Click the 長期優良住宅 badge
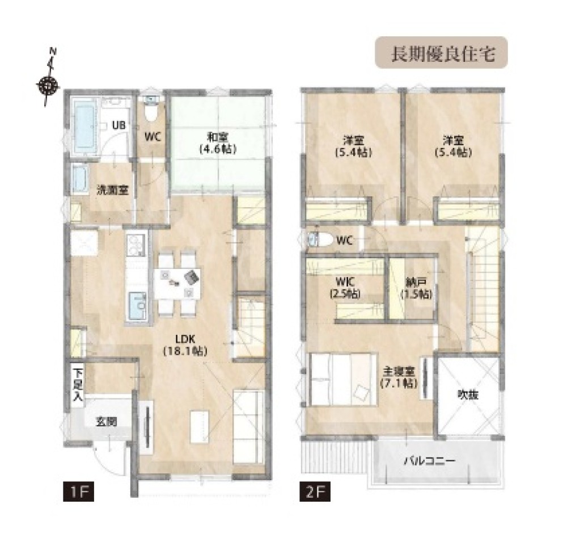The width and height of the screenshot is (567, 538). pyautogui.click(x=441, y=53)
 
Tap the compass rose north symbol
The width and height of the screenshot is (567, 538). pyautogui.click(x=48, y=86)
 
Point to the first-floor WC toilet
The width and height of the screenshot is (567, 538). pyautogui.click(x=151, y=110)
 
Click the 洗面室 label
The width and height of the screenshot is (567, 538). pyautogui.click(x=112, y=190)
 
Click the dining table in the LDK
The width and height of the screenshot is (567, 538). pyautogui.click(x=177, y=283)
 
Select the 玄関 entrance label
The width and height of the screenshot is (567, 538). pyautogui.click(x=106, y=421)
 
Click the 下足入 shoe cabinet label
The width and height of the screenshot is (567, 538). pyautogui.click(x=78, y=384)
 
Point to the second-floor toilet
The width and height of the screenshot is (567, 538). pyautogui.click(x=320, y=239)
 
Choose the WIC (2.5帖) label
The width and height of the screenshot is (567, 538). pyautogui.click(x=345, y=287)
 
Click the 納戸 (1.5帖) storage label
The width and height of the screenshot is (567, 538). pyautogui.click(x=416, y=288)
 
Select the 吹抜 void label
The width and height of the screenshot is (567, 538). pyautogui.click(x=468, y=394)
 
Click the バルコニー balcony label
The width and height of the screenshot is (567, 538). pyautogui.click(x=429, y=461)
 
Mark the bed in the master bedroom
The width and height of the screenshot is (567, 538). pyautogui.click(x=344, y=379)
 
